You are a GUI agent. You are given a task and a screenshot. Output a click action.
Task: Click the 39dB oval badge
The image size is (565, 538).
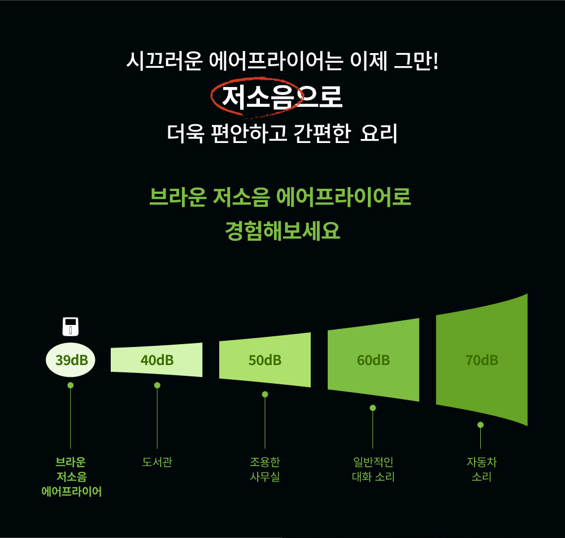71,360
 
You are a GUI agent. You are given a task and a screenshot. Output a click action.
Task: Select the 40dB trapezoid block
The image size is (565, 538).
157,360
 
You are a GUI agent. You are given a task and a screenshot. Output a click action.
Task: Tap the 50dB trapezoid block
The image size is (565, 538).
265,360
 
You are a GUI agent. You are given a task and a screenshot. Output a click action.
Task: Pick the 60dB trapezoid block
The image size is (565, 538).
373,360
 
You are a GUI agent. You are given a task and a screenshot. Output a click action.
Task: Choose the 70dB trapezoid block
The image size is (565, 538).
482,360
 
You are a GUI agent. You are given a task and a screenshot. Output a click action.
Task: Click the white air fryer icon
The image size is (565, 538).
71,327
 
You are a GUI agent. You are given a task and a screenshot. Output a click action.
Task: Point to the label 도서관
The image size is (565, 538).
157,462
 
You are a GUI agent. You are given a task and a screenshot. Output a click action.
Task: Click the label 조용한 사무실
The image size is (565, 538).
265,469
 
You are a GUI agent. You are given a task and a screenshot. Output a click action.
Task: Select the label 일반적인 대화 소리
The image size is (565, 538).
373,469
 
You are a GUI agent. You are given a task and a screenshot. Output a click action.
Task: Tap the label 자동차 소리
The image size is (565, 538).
482,469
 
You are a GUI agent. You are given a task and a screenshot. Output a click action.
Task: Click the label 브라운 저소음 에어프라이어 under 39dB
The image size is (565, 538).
71,477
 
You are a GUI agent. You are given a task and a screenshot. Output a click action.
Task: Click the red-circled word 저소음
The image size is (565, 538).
258,97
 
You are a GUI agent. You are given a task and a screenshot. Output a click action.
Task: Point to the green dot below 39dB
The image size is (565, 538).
71,385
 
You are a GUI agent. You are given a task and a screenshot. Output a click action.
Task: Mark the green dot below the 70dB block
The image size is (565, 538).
480,425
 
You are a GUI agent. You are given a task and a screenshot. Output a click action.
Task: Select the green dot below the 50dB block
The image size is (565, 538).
265,394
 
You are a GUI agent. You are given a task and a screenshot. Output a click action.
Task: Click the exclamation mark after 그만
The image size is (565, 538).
436,60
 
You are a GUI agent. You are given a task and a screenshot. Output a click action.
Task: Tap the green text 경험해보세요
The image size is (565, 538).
282,231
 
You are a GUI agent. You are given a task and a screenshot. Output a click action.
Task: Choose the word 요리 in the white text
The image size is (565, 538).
379,133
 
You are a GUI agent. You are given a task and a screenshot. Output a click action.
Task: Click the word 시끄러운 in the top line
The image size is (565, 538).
164,60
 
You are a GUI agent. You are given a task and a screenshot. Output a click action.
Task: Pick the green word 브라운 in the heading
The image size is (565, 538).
177,197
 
